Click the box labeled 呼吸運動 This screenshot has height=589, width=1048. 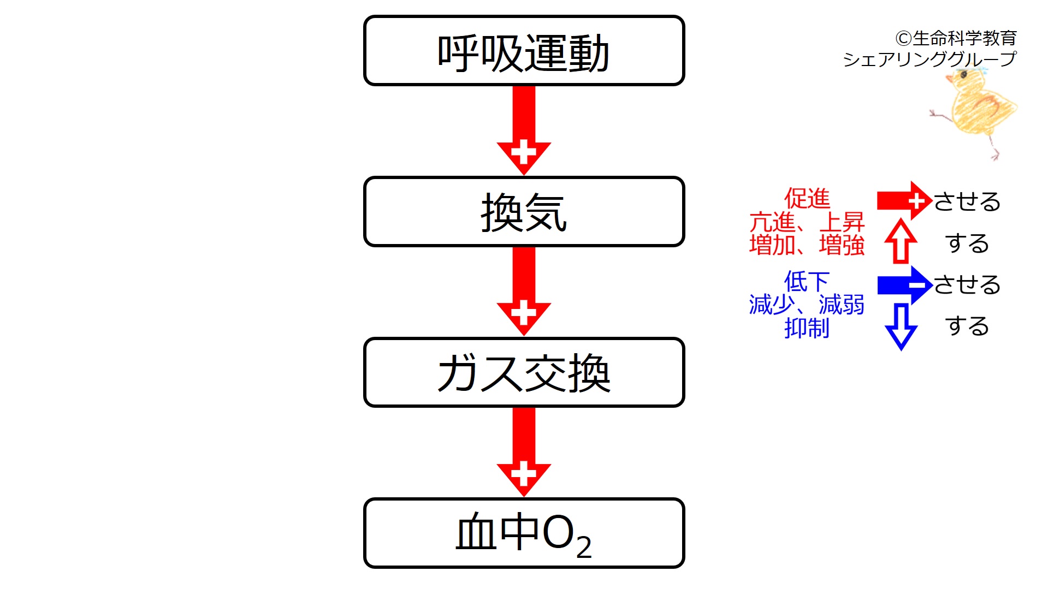[524, 51]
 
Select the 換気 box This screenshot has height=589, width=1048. [524, 212]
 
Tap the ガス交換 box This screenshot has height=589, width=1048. [524, 372]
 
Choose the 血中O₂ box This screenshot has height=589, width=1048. [524, 533]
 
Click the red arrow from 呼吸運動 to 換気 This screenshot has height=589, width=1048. [524, 131]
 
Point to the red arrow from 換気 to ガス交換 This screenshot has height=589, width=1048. [524, 292]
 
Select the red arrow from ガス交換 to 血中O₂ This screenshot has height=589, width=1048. [524, 453]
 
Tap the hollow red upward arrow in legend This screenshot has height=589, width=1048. [901, 242]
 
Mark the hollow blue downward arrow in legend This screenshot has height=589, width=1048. [901, 326]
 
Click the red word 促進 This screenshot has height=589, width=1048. [807, 198]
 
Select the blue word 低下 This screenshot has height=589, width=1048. [807, 282]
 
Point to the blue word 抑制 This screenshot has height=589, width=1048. [807, 328]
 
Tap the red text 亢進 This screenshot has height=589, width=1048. [772, 222]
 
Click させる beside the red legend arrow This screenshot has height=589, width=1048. [967, 201]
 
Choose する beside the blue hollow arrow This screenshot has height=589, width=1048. [967, 326]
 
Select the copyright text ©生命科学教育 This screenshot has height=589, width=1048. [956, 38]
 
